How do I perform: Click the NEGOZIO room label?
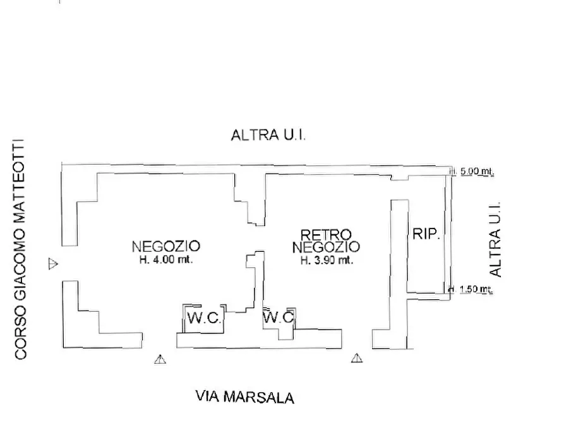point(166,246)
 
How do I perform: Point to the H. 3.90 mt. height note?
point(326,259)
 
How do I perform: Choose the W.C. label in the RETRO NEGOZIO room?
point(279,317)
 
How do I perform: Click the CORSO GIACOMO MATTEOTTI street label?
point(21,249)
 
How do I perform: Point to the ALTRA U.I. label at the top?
point(268,135)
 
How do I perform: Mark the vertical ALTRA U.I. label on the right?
point(495,239)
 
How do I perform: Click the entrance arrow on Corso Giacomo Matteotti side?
point(54,263)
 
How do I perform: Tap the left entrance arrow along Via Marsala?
point(160,359)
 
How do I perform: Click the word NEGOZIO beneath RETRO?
point(326,246)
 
